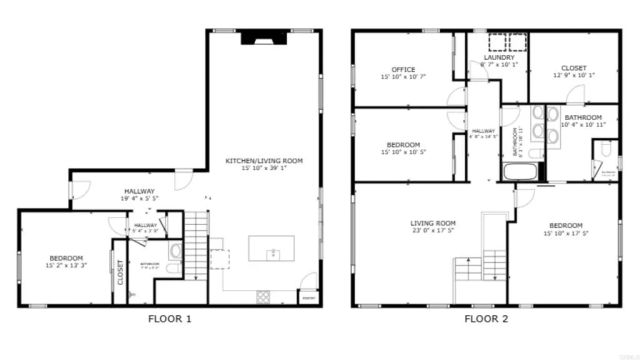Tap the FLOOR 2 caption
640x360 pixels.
485,320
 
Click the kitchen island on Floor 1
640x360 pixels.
273,248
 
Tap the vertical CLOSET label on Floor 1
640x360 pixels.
120,273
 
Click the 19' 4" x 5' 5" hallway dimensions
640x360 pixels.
139,198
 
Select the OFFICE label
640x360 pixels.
404,69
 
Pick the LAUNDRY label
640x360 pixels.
499,58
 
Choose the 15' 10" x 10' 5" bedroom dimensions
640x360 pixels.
404,152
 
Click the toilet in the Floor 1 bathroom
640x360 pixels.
176,250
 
